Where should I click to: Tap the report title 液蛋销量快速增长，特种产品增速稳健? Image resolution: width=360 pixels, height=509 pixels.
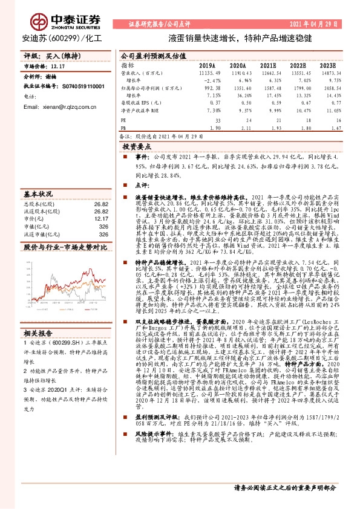(240, 37)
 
